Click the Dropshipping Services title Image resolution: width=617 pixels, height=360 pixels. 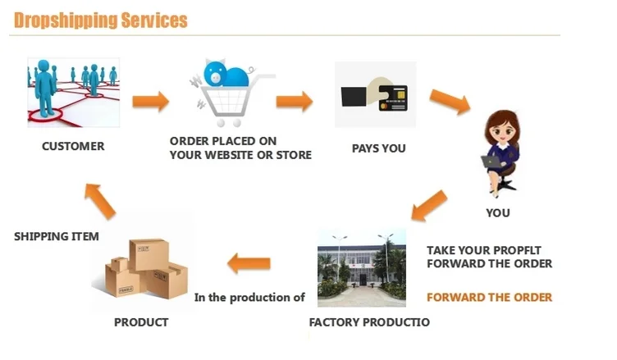(x=100, y=20)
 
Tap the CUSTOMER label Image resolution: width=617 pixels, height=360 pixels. (x=73, y=147)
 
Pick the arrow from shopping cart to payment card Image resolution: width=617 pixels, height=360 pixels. (x=294, y=102)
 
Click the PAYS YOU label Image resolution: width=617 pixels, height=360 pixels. (x=378, y=148)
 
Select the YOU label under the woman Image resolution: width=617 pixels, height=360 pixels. (x=497, y=213)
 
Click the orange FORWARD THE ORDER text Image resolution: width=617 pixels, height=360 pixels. (x=489, y=297)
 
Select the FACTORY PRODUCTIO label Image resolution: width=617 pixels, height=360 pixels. (x=368, y=322)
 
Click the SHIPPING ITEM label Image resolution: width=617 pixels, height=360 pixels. (x=57, y=236)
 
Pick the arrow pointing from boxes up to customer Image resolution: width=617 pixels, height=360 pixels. (x=101, y=199)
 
